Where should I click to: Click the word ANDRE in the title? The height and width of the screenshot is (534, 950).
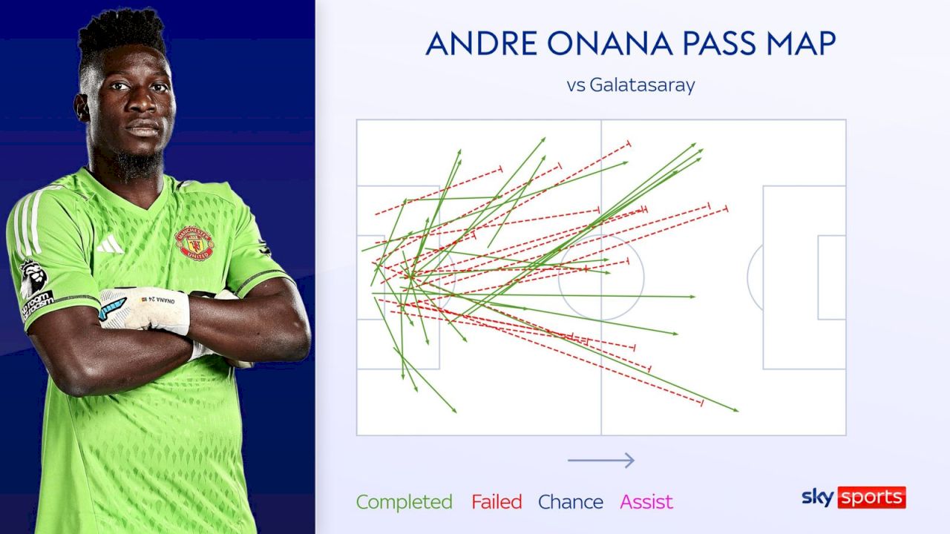click(482, 43)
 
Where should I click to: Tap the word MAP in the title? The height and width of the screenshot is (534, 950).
click(801, 43)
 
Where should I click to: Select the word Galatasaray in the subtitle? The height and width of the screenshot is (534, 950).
click(642, 85)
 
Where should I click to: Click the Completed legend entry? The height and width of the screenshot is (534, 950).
click(404, 502)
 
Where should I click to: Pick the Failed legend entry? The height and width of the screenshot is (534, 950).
click(497, 502)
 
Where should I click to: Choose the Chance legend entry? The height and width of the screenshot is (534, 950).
click(571, 502)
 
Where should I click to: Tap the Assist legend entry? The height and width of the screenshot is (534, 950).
click(646, 502)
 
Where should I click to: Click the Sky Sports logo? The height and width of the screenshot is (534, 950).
click(854, 497)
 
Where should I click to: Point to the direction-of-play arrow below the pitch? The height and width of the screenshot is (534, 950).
click(601, 461)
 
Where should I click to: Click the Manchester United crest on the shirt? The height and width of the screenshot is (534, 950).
click(194, 243)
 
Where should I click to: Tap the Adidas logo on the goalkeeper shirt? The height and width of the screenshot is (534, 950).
click(111, 245)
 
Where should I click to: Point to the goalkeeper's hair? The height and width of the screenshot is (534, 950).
click(122, 36)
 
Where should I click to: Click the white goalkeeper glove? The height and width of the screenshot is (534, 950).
click(144, 309)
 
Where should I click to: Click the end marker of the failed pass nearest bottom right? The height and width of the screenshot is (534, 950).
click(702, 403)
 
